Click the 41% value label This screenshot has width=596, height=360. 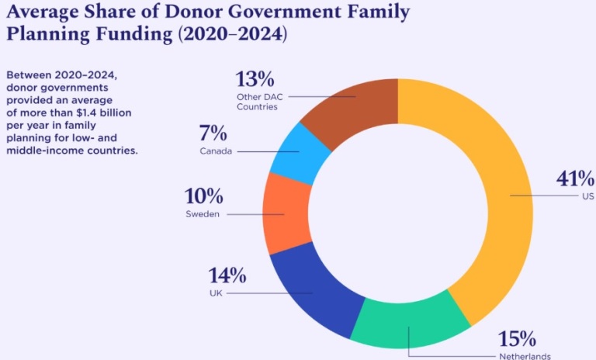pyautogui.click(x=573, y=178)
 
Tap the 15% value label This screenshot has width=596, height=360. pyautogui.click(x=517, y=339)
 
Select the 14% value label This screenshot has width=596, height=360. pyautogui.click(x=227, y=275)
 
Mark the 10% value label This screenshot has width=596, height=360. pyautogui.click(x=203, y=196)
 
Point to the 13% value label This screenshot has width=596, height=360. pyautogui.click(x=255, y=79)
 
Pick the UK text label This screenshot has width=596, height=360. pyautogui.click(x=217, y=293)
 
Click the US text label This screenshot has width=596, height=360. pyautogui.click(x=587, y=196)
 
